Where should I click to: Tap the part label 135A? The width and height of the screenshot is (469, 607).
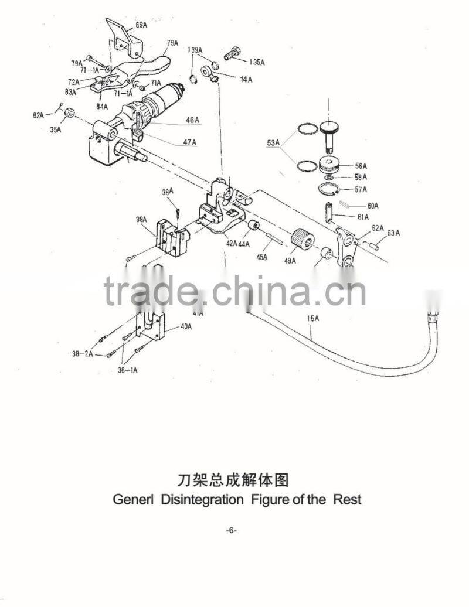(x=256, y=62)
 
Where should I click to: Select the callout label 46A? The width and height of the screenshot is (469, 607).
(x=193, y=120)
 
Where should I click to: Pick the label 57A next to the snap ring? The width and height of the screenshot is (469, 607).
(x=361, y=189)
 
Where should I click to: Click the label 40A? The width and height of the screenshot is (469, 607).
(x=185, y=328)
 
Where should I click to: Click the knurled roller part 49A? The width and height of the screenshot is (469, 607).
(x=303, y=238)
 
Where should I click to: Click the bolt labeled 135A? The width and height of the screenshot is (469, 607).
(x=234, y=52)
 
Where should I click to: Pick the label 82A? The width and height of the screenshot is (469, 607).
(x=38, y=115)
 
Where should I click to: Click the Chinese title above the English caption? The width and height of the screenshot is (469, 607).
(x=233, y=480)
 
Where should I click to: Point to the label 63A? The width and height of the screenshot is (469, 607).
(x=393, y=233)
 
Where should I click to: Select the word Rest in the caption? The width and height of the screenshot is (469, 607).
(x=347, y=500)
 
